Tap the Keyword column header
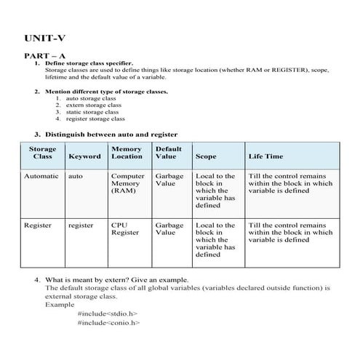coord(84,156)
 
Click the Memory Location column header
coord(127,153)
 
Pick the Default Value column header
coord(168,153)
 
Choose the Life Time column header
coord(265,156)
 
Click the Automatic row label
coord(41,176)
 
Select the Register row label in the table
coord(38,225)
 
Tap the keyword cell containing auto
coord(75,176)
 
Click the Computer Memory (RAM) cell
coord(127,184)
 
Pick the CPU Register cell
coord(124,229)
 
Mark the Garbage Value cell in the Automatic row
coord(169,180)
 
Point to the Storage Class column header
coord(42,153)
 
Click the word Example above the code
coord(59,305)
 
